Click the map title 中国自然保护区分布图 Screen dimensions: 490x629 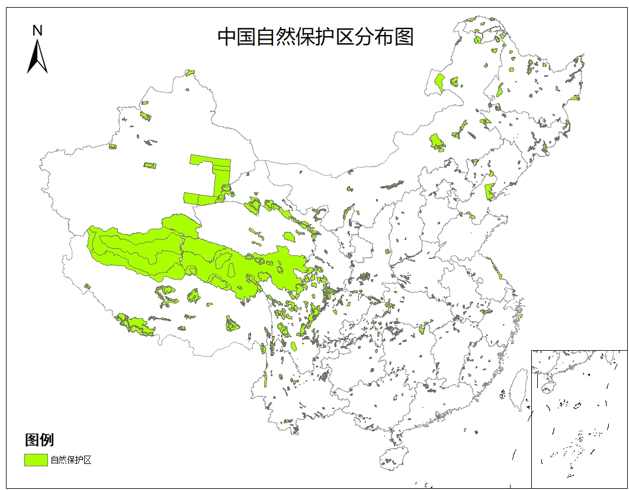pos(315,37)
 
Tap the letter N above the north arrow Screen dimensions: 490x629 pos(37,30)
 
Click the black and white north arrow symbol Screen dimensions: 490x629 pos(37,57)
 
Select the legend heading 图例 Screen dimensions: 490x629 pos(39,440)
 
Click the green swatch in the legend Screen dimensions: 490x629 pos(36,460)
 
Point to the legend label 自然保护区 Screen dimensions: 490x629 pos(71,460)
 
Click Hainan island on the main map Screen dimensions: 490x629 pos(391,457)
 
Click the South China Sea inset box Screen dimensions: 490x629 pos(579,418)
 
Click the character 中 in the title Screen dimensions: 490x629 pos(227,37)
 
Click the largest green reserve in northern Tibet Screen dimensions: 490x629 pos(136,249)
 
